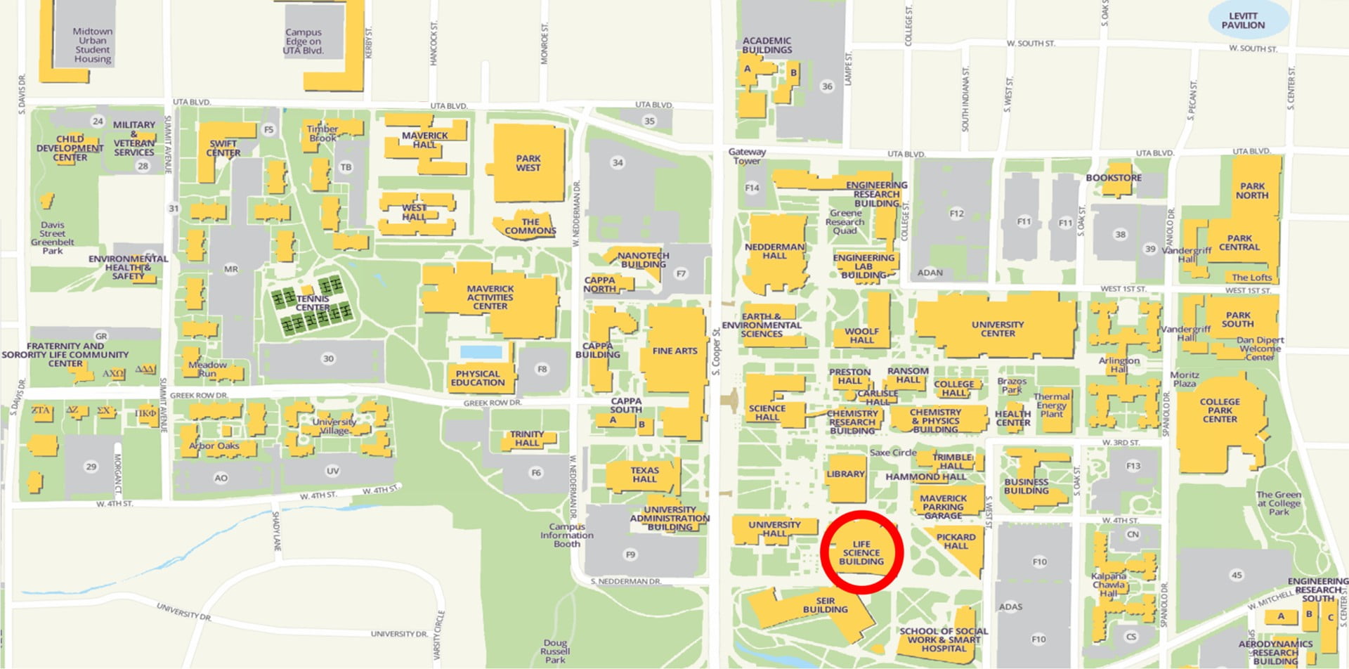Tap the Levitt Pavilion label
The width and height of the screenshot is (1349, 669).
(1242, 20)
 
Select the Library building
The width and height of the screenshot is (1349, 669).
(845, 475)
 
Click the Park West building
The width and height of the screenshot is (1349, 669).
(528, 163)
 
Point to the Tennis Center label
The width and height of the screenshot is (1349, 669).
(313, 303)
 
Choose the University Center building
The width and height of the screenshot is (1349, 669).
(997, 328)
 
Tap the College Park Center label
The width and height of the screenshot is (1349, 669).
(1220, 410)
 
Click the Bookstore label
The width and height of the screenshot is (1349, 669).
(1114, 178)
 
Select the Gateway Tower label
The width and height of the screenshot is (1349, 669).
(747, 156)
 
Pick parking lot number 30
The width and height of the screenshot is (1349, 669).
(328, 358)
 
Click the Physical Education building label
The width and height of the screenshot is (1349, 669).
(478, 378)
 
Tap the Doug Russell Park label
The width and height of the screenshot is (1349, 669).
(555, 651)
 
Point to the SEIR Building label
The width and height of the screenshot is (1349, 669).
(826, 605)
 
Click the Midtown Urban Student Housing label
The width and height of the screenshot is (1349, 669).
(93, 46)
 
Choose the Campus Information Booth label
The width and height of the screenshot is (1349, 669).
(567, 535)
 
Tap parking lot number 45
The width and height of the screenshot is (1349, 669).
(1237, 575)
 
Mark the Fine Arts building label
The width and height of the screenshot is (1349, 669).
(674, 351)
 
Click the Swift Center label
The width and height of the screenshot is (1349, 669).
(223, 148)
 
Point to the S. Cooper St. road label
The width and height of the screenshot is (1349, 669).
(716, 351)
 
